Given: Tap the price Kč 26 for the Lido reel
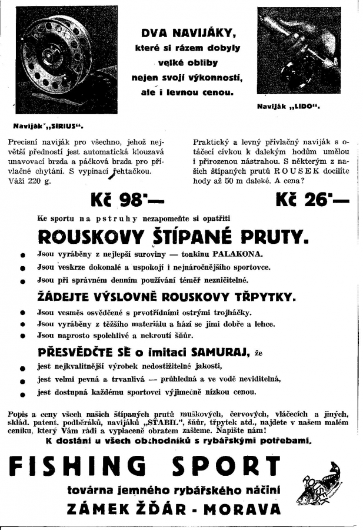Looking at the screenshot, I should tap(312, 200).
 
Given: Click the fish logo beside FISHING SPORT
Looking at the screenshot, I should tap(321, 483).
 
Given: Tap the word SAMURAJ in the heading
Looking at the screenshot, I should tap(220, 352).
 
